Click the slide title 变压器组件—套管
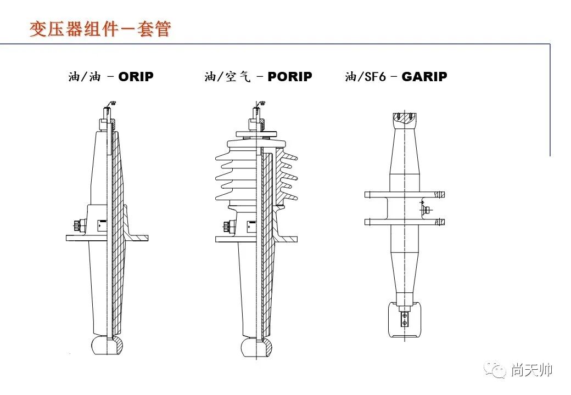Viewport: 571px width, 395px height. pos(100,29)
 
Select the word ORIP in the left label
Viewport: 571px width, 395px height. pos(136,77)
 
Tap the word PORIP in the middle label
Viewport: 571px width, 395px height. pos(289,77)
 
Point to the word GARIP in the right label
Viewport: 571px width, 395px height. pos(424,77)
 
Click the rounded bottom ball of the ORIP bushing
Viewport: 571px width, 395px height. pos(107,345)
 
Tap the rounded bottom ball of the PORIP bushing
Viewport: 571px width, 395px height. pos(257,347)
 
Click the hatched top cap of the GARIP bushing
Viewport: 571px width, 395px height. pos(405,117)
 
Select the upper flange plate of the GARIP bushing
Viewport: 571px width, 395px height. pos(405,194)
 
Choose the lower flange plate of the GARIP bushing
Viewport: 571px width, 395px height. pos(405,222)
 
